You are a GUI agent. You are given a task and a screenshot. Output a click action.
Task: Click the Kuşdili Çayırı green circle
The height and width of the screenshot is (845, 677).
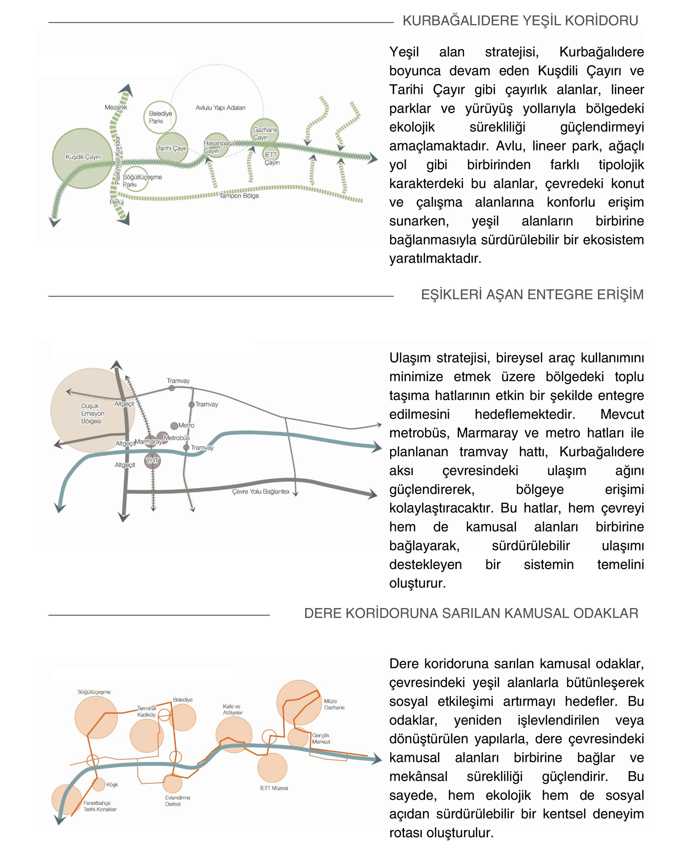82,158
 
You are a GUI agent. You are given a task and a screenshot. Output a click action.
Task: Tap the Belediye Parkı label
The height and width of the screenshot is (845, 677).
160,117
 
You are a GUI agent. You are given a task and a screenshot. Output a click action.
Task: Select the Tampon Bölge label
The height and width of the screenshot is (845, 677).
239,196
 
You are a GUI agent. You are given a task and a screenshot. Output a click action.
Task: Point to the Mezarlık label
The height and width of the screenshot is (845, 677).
116,107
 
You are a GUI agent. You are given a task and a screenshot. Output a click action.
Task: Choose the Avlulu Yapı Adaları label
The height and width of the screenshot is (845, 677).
220,108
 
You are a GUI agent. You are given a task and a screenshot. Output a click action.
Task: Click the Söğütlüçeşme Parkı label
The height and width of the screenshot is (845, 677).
142,181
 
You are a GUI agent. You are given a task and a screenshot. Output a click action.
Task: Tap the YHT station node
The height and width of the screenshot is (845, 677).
152,461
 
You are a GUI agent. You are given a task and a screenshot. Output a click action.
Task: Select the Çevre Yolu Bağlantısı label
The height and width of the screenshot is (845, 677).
260,491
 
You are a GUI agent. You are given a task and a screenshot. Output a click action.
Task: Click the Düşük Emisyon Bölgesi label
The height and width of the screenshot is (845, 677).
92,413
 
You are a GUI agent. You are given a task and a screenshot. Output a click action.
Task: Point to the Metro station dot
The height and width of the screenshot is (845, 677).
174,425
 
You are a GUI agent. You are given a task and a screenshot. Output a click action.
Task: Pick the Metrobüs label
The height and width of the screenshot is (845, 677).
177,438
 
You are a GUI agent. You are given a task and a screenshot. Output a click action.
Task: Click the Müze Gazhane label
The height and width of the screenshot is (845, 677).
334,704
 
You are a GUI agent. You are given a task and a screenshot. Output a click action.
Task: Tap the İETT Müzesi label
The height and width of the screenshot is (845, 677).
274,788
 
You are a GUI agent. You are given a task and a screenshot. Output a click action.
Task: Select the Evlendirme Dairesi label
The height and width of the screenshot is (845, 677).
177,801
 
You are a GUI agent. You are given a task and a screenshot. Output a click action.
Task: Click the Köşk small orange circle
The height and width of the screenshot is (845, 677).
98,784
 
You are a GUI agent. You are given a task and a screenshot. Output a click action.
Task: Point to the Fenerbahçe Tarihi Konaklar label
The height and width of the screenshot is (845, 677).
100,806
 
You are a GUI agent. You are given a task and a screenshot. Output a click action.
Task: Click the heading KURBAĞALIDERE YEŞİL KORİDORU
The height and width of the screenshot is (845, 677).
520,21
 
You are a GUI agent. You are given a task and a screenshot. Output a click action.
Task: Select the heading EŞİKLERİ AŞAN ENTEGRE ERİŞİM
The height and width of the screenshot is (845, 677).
532,294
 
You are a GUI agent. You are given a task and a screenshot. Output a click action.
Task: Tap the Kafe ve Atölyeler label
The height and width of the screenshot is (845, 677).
233,709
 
